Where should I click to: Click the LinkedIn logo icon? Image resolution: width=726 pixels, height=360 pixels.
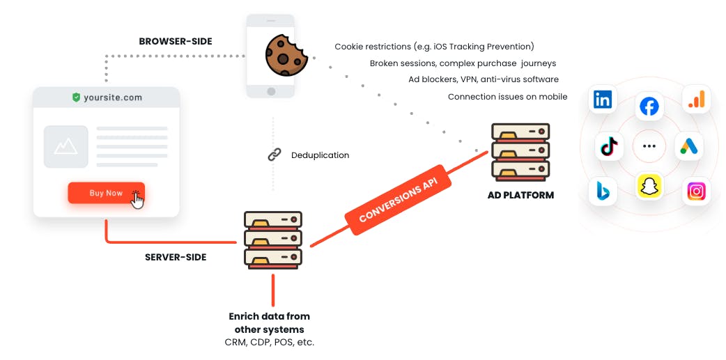coord(603,100)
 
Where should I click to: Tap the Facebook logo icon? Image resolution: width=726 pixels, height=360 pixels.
coord(649,107)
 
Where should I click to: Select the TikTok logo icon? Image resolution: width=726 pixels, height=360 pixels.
coord(609,147)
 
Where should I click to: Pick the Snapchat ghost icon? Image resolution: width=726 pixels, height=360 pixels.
coord(649,187)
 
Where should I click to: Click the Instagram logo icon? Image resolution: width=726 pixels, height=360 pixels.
coord(696,191)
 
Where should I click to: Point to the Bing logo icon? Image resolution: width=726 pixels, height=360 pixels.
coord(603,191)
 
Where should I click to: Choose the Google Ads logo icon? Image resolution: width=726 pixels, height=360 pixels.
coord(689,146)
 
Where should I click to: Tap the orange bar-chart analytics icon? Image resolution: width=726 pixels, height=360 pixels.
coord(696,100)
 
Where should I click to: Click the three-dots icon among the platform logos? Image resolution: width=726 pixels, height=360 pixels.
coord(649,146)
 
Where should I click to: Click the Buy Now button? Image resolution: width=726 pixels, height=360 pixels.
coord(106,193)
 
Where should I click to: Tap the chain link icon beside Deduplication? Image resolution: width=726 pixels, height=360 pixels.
coord(275,155)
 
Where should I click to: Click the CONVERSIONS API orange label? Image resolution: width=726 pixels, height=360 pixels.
coord(398,200)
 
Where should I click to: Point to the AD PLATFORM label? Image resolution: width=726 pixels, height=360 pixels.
coord(520,195)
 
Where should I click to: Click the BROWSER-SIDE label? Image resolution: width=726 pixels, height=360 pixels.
coord(176,41)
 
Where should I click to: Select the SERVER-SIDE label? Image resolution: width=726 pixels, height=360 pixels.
coord(176,257)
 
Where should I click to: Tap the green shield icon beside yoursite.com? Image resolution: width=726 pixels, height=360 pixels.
coord(77,97)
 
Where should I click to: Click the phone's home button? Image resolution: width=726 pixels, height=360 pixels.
coord(271,91)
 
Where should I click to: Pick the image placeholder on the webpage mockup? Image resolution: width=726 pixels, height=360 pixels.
coord(65,146)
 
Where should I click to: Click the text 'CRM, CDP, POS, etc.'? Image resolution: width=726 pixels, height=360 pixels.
coord(270,343)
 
